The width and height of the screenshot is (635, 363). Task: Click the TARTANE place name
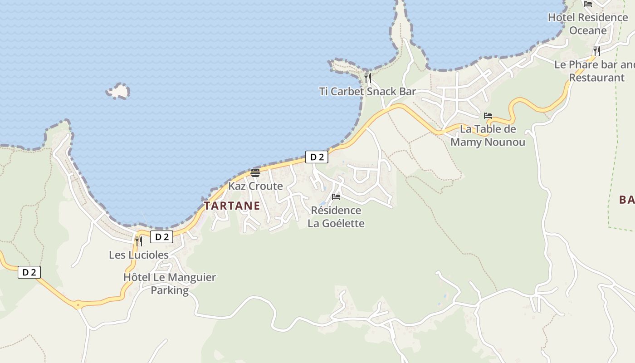232,206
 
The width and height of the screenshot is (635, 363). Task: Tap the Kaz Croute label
255,186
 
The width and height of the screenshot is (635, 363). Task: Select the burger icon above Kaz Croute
255,172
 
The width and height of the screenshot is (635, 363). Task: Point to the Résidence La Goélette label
336,217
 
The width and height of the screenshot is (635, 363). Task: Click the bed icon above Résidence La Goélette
336,197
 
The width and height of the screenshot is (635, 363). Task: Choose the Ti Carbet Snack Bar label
367,91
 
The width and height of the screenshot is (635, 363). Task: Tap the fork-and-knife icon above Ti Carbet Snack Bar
368,78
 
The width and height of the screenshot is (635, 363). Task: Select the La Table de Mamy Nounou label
488,135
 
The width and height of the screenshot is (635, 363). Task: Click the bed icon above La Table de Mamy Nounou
488,116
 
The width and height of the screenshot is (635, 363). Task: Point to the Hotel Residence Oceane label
588,24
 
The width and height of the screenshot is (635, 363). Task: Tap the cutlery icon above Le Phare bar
597,51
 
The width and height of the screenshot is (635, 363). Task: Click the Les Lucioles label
139,255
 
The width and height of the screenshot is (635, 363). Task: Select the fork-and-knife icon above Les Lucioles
139,241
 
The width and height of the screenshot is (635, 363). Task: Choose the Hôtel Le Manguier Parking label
170,284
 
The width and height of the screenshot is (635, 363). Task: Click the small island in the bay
118,91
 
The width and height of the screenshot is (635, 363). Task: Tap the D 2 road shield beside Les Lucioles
162,237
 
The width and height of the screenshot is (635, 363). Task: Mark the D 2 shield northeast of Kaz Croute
317,157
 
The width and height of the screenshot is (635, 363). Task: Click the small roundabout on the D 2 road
78,305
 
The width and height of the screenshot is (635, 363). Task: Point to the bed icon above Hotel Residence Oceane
588,4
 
